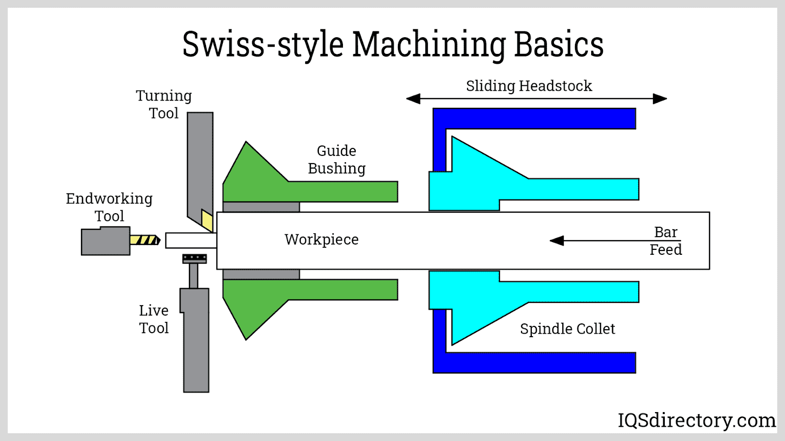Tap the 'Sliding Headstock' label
(529, 86)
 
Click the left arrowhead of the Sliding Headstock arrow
(413, 99)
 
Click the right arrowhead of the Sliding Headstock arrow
(660, 99)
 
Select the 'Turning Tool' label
(164, 104)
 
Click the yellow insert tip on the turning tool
(207, 220)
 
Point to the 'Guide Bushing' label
(337, 160)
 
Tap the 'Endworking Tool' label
(109, 207)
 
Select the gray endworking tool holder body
(105, 241)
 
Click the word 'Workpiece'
(321, 240)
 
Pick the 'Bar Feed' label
(666, 241)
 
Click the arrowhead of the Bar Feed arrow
(556, 241)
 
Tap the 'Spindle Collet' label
(567, 329)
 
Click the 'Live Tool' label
(154, 319)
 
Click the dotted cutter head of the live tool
(194, 258)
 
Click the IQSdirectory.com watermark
(696, 420)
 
